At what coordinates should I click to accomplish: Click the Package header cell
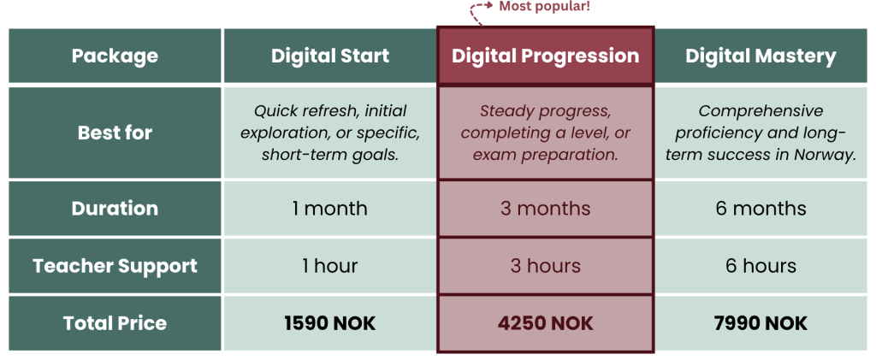click(x=115, y=56)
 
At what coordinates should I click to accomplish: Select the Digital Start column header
click(x=329, y=56)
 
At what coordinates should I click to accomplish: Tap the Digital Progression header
click(x=545, y=56)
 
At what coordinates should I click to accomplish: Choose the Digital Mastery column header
click(x=761, y=56)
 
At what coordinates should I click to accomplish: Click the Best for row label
click(x=115, y=133)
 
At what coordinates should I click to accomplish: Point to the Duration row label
click(x=115, y=208)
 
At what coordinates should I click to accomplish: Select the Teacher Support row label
click(x=115, y=266)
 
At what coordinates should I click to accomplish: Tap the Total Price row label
click(x=115, y=323)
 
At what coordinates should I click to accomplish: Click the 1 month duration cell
click(x=329, y=208)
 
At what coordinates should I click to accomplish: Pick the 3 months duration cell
click(x=545, y=208)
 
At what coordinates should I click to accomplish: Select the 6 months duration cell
click(x=761, y=208)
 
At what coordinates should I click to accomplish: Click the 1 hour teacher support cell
click(x=329, y=266)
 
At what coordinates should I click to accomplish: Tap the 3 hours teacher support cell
click(x=545, y=266)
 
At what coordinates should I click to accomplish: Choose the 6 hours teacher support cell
click(x=761, y=266)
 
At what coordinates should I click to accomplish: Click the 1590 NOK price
click(x=329, y=323)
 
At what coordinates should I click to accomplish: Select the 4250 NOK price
click(x=545, y=323)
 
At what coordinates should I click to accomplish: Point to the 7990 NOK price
click(x=761, y=323)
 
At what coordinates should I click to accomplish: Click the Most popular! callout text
click(x=544, y=7)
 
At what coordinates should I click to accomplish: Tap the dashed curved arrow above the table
click(x=472, y=12)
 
